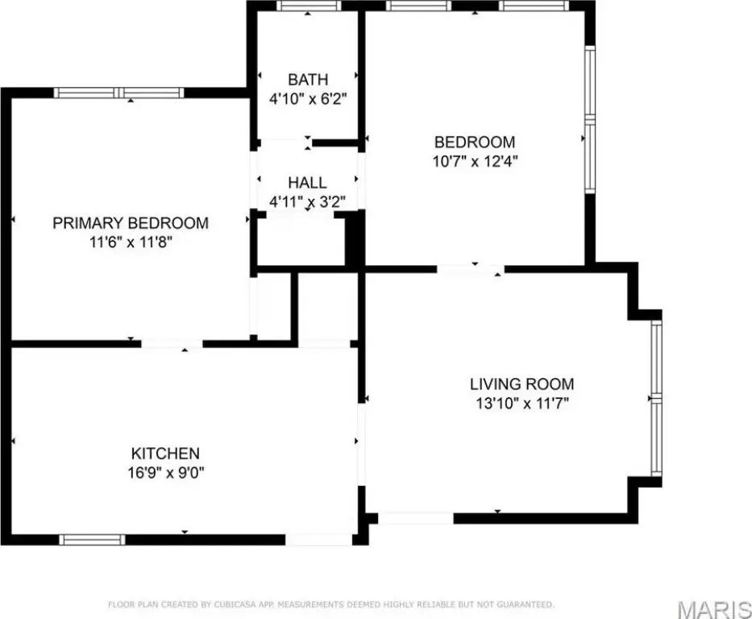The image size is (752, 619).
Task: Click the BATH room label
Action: [x=308, y=79]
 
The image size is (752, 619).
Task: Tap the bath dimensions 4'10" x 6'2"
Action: [x=308, y=99]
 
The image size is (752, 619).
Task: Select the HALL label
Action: [x=307, y=183]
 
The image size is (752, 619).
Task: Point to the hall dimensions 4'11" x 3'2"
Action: [x=307, y=201]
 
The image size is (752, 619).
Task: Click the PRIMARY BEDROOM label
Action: [x=131, y=223]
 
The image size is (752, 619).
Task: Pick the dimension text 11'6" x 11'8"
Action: [x=131, y=242]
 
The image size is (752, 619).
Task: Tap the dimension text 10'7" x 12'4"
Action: [x=475, y=161]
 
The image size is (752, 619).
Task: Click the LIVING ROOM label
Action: [x=521, y=384]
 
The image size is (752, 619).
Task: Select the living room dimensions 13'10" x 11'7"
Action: [x=521, y=403]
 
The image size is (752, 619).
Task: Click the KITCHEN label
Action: [x=165, y=454]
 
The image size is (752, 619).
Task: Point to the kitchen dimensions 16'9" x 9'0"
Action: [x=165, y=473]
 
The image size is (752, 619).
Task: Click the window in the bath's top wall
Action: [x=309, y=6]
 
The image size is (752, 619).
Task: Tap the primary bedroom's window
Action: [x=118, y=93]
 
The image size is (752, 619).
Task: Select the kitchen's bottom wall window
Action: [x=92, y=539]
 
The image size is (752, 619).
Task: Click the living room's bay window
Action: [x=657, y=398]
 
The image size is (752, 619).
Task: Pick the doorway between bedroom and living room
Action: [x=471, y=269]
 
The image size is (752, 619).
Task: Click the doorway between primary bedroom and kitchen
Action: [x=172, y=344]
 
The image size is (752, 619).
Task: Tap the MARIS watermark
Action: [x=714, y=609]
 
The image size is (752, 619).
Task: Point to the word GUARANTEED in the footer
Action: [x=526, y=604]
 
